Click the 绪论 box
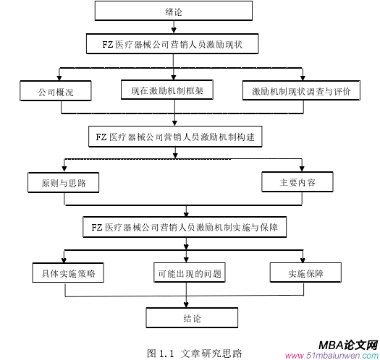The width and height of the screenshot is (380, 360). [173, 12]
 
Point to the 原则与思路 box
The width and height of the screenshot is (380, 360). [64, 182]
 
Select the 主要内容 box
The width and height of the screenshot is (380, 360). [297, 182]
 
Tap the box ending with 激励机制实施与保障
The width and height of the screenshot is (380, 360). [186, 228]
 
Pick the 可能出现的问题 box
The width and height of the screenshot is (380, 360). [188, 273]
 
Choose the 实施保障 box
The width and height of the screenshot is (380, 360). [305, 273]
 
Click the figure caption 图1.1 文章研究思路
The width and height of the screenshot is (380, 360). [195, 353]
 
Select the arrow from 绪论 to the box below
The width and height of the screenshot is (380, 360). [173, 28]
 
